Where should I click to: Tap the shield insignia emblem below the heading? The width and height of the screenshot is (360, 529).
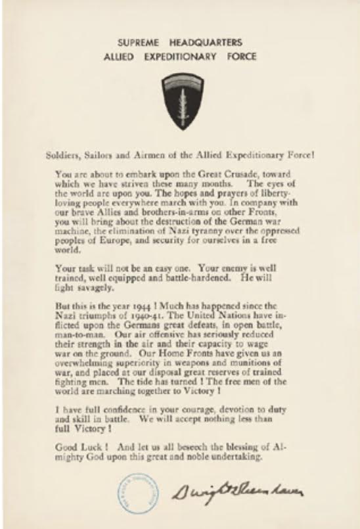(x=179, y=101)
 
